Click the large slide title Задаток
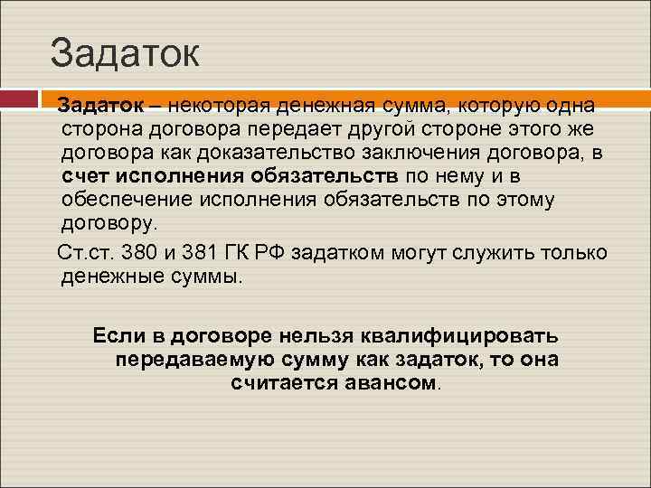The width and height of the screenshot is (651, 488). tap(124, 52)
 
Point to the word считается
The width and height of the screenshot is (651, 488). tap(284, 382)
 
